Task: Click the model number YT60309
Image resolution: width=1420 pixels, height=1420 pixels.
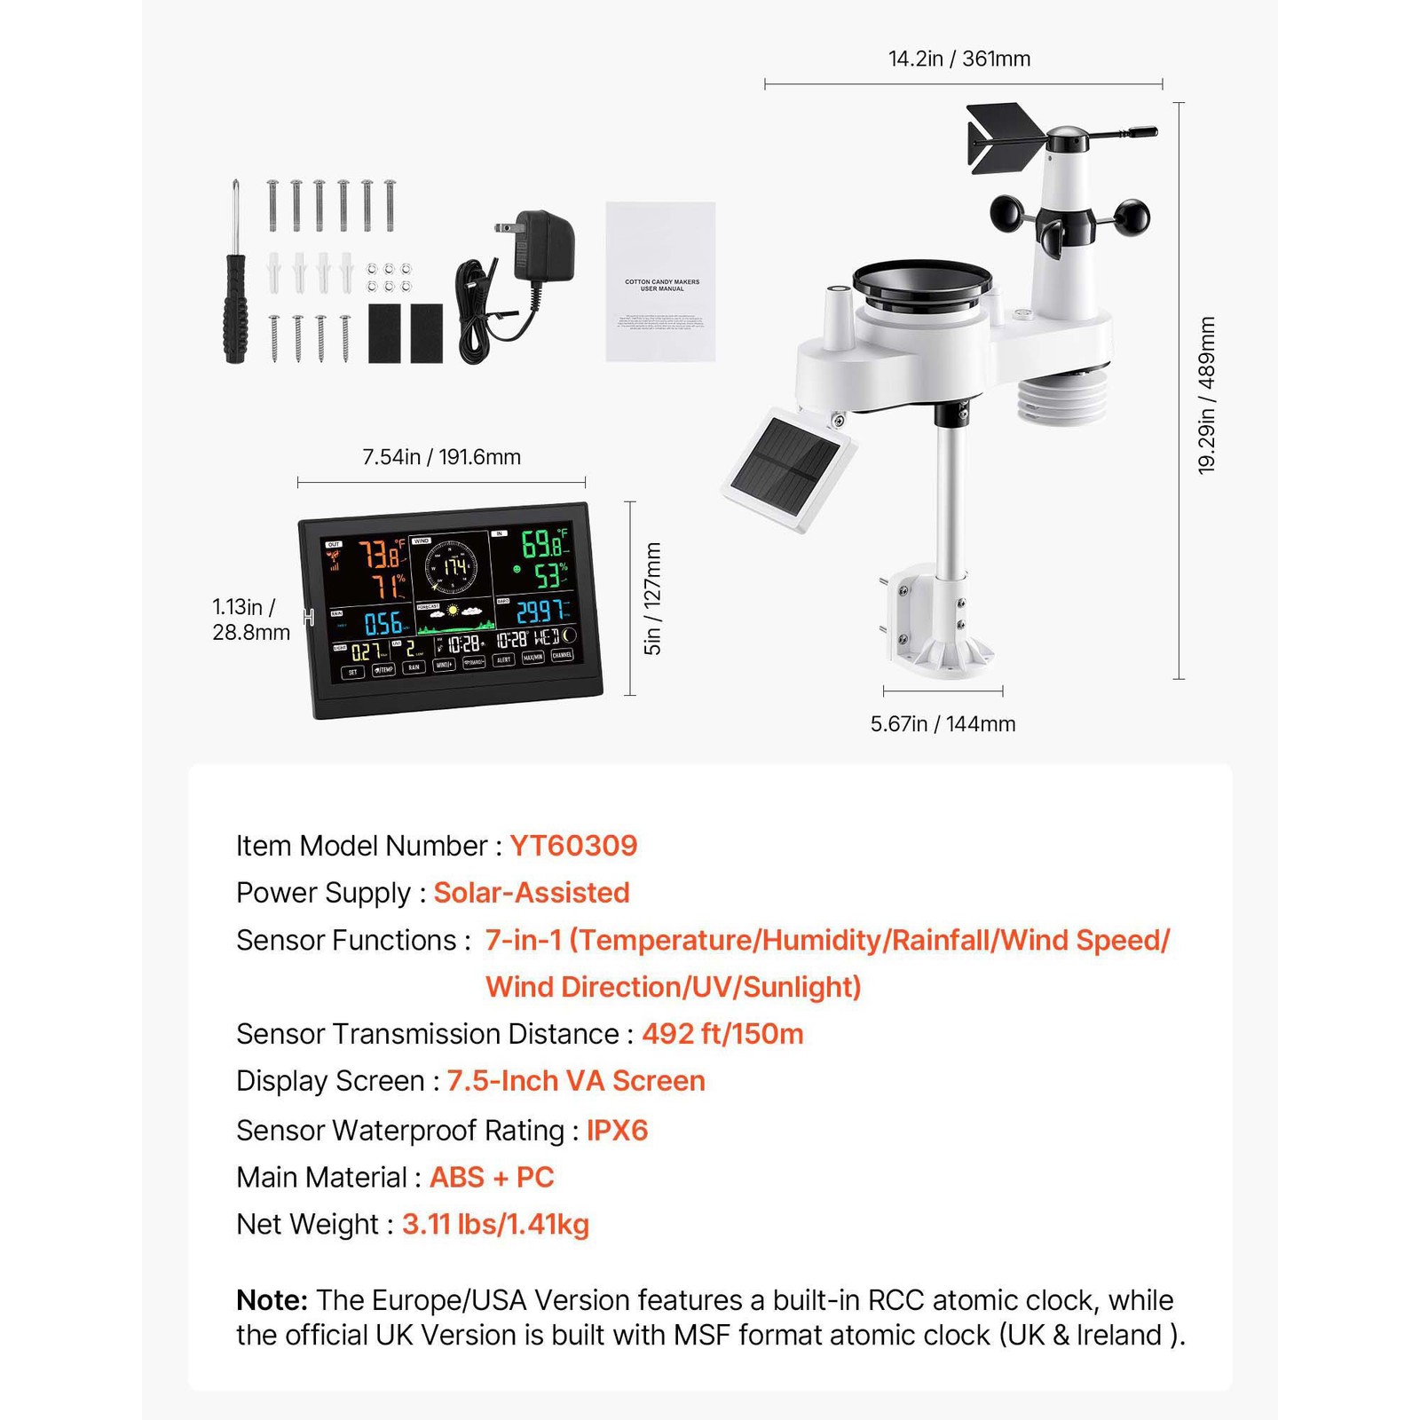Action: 573,846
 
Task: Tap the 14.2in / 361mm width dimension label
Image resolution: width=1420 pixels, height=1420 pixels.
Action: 959,59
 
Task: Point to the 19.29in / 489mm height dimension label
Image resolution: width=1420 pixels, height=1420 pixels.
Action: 1207,395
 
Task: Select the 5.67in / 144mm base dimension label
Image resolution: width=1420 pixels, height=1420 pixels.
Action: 943,724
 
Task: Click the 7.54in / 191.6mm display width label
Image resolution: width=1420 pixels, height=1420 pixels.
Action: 441,457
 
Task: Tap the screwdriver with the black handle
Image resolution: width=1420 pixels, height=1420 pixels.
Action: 235,284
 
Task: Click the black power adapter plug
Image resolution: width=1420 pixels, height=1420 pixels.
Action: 542,244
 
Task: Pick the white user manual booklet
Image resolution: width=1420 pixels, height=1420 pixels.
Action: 660,281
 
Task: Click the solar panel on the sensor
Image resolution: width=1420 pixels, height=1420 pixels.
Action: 788,467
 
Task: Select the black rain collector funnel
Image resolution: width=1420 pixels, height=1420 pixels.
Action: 922,282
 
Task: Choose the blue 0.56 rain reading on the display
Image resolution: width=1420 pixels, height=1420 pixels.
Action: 383,623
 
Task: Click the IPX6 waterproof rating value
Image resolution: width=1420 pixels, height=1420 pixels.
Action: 617,1131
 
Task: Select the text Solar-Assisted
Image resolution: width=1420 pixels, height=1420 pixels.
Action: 531,893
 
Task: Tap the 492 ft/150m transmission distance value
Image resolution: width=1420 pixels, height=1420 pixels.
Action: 722,1034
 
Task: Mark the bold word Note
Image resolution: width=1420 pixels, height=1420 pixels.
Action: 272,1300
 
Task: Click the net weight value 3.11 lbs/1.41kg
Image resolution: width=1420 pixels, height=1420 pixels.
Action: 495,1225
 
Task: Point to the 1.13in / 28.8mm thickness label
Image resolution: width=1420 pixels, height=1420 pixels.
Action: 250,619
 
